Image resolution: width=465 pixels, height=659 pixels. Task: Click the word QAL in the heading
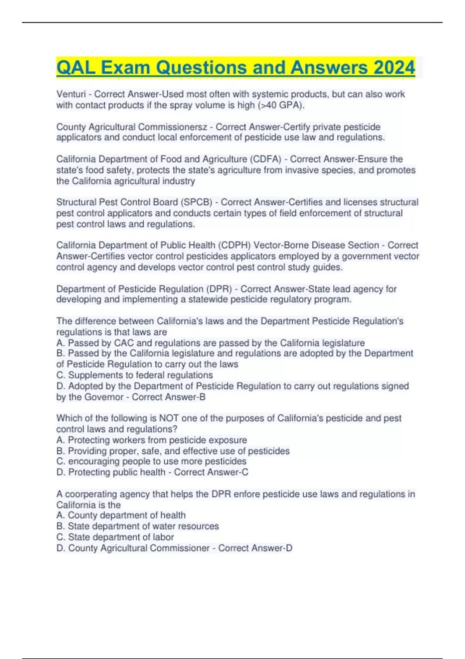pyautogui.click(x=76, y=68)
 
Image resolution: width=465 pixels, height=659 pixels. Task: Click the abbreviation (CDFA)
pyautogui.click(x=266, y=159)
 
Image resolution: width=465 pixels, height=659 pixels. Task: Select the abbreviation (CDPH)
pyautogui.click(x=234, y=245)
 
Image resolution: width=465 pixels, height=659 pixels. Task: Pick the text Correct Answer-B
pyautogui.click(x=169, y=397)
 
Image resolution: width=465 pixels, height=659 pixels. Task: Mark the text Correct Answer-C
pyautogui.click(x=211, y=472)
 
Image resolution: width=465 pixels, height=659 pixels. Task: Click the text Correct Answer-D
pyautogui.click(x=255, y=548)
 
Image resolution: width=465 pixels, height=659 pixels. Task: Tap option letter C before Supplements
pyautogui.click(x=60, y=375)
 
